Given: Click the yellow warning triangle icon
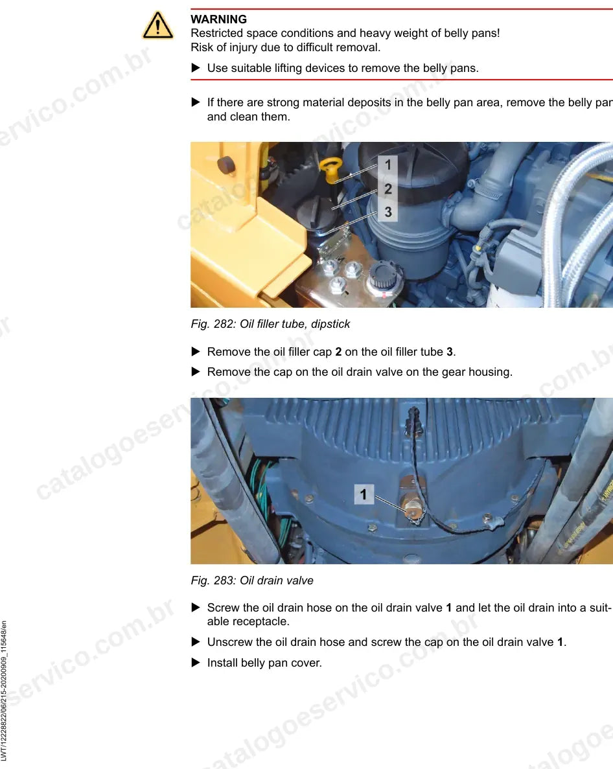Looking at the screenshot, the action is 157,25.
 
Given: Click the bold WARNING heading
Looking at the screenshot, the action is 219,19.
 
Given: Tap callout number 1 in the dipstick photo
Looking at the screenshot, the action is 388,165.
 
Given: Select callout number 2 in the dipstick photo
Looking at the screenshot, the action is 388,189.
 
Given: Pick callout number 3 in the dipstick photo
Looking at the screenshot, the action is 388,212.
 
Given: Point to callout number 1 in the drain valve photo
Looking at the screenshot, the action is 364,494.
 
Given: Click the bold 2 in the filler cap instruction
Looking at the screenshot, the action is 338,352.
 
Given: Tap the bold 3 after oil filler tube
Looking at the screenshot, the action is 449,352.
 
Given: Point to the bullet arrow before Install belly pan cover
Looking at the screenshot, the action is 196,663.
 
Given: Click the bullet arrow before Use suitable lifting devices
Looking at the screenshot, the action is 196,67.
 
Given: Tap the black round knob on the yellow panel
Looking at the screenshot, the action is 226,165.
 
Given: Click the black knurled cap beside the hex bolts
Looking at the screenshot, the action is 382,275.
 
